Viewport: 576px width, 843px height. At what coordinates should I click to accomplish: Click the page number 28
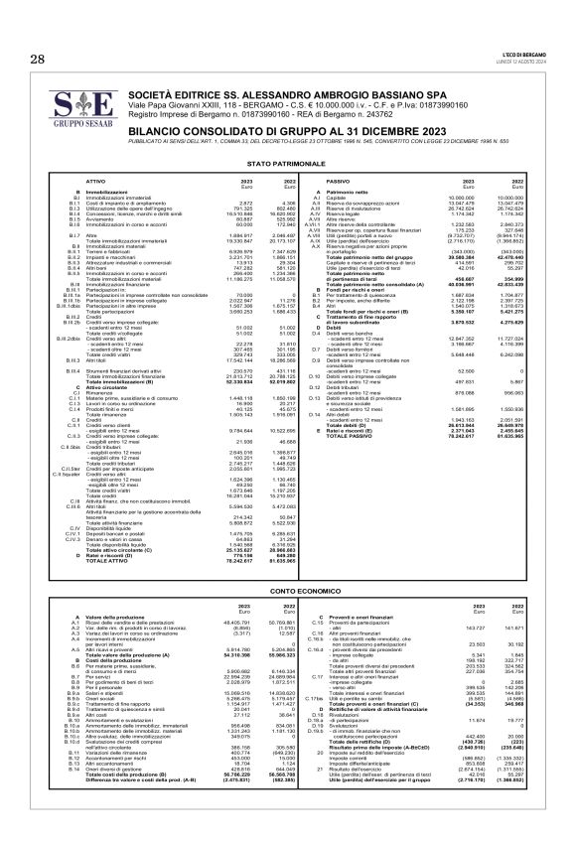pos(38,61)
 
